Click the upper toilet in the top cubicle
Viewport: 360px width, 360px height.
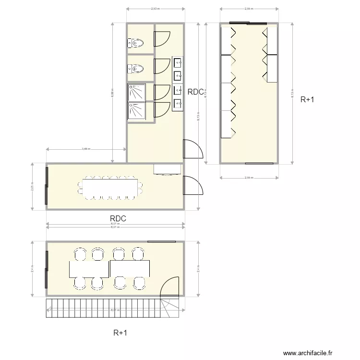pyautogui.click(x=136, y=43)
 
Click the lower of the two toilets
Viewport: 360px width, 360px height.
pyautogui.click(x=136, y=69)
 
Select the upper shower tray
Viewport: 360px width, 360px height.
pyautogui.click(x=137, y=92)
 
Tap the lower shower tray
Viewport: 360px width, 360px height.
pyautogui.click(x=137, y=110)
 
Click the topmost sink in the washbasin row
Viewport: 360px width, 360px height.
pyautogui.click(x=178, y=62)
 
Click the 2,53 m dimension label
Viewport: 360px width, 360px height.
pyautogui.click(x=155, y=9)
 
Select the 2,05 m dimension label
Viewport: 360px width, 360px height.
pyautogui.click(x=32, y=187)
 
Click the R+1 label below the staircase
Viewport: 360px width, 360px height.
pyautogui.click(x=120, y=332)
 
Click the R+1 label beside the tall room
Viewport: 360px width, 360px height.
pyautogui.click(x=307, y=100)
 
